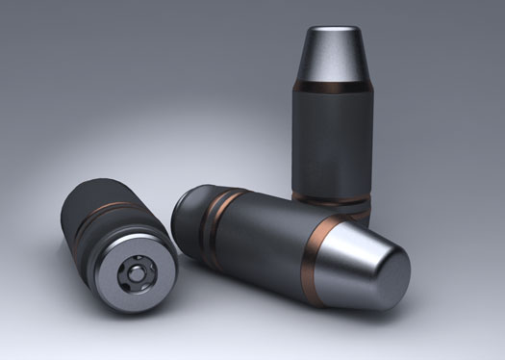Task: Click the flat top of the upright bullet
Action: (x=332, y=34)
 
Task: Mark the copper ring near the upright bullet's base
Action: (x=332, y=199)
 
